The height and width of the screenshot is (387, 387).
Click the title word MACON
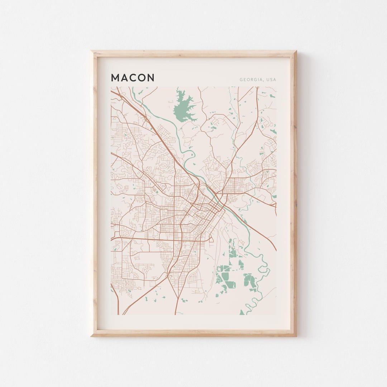pos(133,78)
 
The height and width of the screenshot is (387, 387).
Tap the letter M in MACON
pos(115,78)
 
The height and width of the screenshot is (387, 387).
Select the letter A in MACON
pos(124,78)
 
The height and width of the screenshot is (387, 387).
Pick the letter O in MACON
pos(142,78)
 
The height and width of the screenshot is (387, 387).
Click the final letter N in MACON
pos(151,78)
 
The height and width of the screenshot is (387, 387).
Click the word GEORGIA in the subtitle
pos(252,80)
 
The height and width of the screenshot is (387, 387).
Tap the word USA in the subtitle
pos(271,80)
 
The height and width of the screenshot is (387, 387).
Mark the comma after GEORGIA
pos(264,81)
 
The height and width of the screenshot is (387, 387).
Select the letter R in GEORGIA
pos(252,80)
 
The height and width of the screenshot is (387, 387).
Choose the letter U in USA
pos(268,80)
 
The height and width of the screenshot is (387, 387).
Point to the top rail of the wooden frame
pos(193,53)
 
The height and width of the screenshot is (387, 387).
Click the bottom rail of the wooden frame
pos(193,333)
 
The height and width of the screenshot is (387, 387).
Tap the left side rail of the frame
pos(94,193)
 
